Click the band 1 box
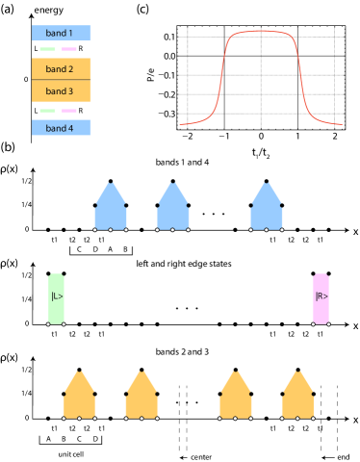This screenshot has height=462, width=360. click(x=62, y=33)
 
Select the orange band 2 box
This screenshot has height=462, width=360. click(x=62, y=69)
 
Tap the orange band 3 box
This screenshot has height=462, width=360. click(x=62, y=91)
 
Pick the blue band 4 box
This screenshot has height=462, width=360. click(x=62, y=128)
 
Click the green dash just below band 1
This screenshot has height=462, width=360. click(x=47, y=49)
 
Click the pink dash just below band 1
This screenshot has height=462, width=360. click(x=69, y=49)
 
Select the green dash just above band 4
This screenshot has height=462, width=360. click(x=47, y=111)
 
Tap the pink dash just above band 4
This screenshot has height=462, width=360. click(x=69, y=111)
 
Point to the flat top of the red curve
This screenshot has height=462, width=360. click(x=261, y=32)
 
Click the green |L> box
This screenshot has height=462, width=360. click(x=56, y=299)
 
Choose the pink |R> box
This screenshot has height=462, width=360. click(x=321, y=299)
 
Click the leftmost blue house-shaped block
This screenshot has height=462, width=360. click(x=111, y=208)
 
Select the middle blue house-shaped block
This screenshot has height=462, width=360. click(x=173, y=208)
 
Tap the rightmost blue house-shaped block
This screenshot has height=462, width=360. click(x=267, y=208)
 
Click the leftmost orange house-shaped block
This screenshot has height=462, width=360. click(x=80, y=397)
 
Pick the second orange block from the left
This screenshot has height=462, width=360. click(x=141, y=397)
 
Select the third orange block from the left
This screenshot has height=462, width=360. click(x=236, y=397)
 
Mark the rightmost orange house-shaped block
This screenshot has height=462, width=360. click(x=297, y=397)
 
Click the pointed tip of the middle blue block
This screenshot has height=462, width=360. click(x=173, y=184)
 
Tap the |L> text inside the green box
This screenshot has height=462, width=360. click(x=56, y=296)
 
